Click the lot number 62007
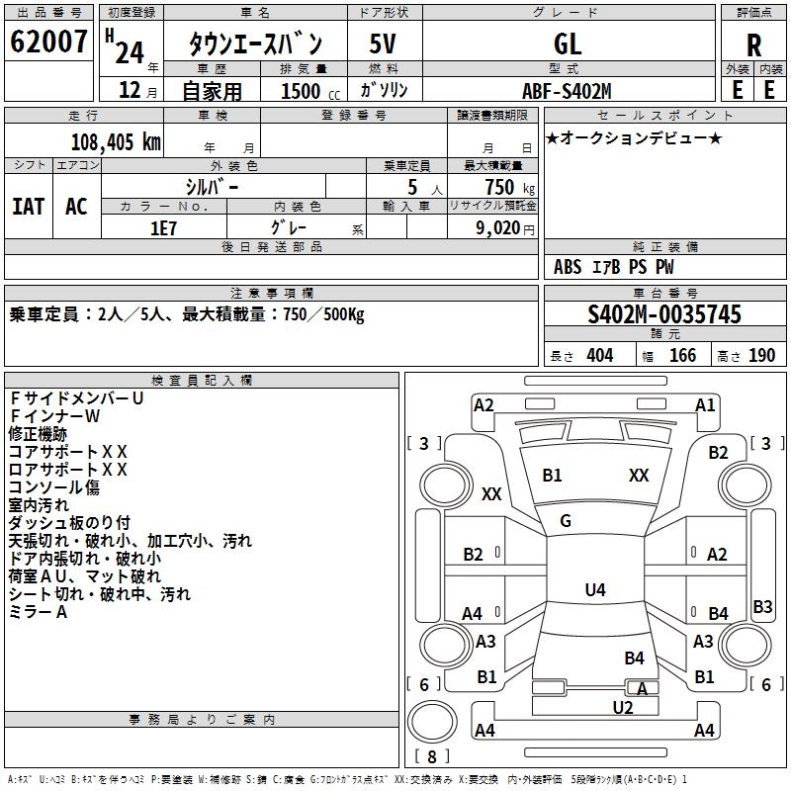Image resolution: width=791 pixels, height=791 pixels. pyautogui.click(x=48, y=44)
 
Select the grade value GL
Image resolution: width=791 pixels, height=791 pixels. pyautogui.click(x=568, y=44)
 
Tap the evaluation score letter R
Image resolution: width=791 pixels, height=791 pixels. pyautogui.click(x=754, y=45)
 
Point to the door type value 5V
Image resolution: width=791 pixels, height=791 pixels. pyautogui.click(x=385, y=44)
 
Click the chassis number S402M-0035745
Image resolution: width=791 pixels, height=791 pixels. pyautogui.click(x=664, y=314)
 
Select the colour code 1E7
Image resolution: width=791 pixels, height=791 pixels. pyautogui.click(x=164, y=226)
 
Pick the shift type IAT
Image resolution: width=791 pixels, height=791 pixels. pyautogui.click(x=29, y=206)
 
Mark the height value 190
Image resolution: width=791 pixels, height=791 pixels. pyautogui.click(x=761, y=356)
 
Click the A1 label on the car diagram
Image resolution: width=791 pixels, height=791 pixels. pyautogui.click(x=705, y=404)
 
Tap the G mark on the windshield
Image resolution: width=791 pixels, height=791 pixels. pyautogui.click(x=566, y=521)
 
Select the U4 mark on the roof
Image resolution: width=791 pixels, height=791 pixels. pyautogui.click(x=594, y=590)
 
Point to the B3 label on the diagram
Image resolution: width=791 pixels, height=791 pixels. pyautogui.click(x=762, y=607)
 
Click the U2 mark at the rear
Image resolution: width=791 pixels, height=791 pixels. pyautogui.click(x=622, y=707)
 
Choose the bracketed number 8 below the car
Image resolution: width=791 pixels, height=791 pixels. pyautogui.click(x=433, y=756)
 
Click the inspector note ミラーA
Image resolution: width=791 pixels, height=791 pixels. pyautogui.click(x=38, y=612)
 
